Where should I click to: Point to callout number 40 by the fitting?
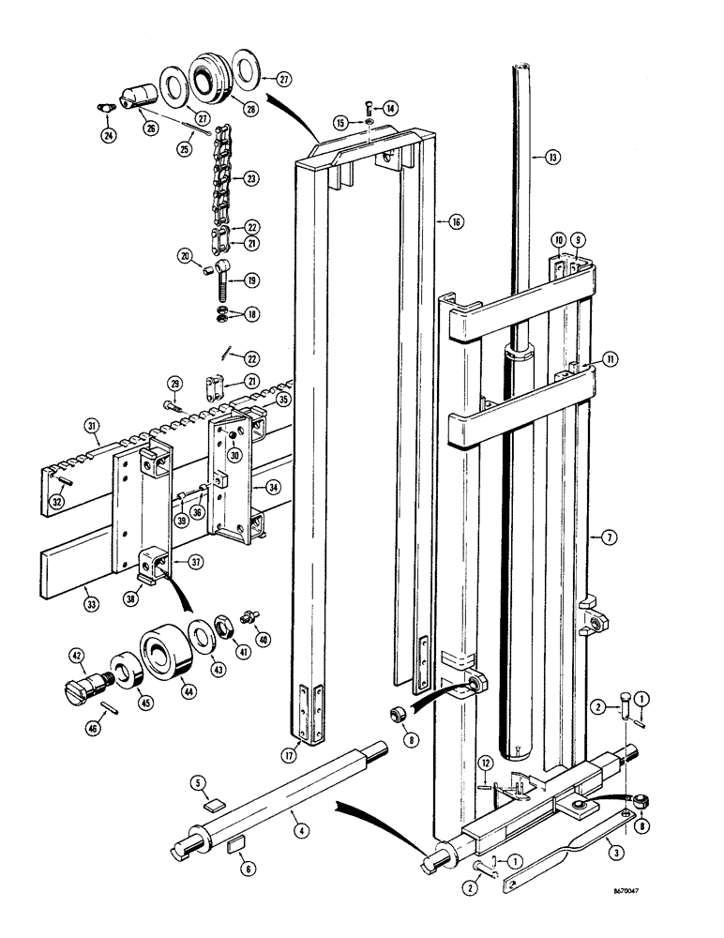click(263, 641)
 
